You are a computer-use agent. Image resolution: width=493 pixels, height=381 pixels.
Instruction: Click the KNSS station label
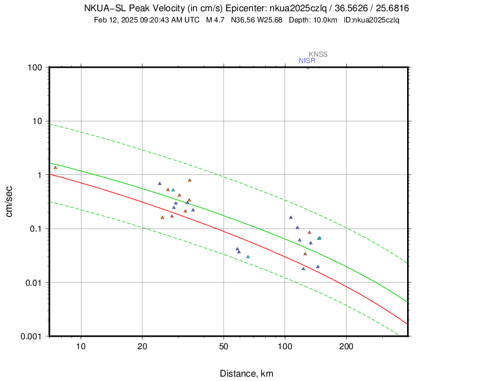pyautogui.click(x=318, y=54)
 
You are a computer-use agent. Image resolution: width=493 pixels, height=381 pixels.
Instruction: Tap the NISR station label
pyautogui.click(x=307, y=60)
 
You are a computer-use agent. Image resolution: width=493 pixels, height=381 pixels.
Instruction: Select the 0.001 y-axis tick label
pyautogui.click(x=31, y=336)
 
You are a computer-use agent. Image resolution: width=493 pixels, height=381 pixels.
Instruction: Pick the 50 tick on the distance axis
pyautogui.click(x=223, y=346)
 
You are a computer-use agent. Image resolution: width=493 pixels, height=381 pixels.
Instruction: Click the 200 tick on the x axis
pyautogui.click(x=346, y=346)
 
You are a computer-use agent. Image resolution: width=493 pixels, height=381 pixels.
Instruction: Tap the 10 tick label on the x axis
pyautogui.click(x=81, y=346)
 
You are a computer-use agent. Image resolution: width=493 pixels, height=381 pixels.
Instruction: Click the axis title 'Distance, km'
pyautogui.click(x=247, y=374)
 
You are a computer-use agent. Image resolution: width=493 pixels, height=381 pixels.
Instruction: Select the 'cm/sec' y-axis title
pyautogui.click(x=10, y=201)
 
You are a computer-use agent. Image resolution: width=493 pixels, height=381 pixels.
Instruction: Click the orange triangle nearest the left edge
pyautogui.click(x=55, y=167)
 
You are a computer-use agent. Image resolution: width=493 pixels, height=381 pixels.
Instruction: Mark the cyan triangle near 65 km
pyautogui.click(x=248, y=256)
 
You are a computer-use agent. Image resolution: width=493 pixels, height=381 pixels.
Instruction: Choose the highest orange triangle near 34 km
pyautogui.click(x=190, y=181)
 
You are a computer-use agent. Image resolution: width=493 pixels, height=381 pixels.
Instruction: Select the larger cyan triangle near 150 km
pyautogui.click(x=319, y=238)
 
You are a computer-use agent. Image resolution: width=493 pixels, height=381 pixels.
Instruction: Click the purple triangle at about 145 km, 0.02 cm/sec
pyautogui.click(x=317, y=266)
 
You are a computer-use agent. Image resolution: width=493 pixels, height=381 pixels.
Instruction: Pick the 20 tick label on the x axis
pyautogui.click(x=142, y=346)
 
